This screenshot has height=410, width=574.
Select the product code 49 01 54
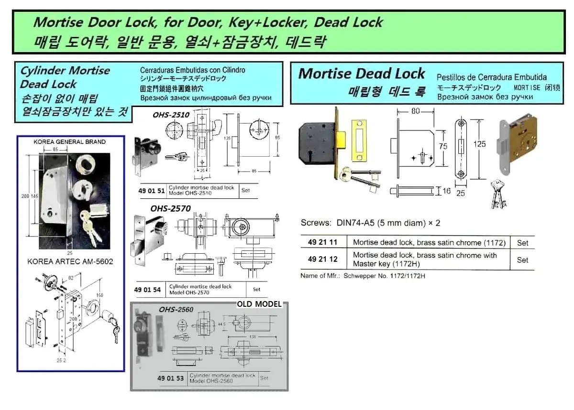pos(151,290)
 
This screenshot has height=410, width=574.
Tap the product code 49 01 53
pos(171,378)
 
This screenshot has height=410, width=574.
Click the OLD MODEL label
pos(259,304)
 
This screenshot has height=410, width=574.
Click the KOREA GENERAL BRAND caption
pos(70,142)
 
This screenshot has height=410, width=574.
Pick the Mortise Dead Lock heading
pos(362,74)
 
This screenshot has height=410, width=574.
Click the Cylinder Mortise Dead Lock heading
pos(65,77)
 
